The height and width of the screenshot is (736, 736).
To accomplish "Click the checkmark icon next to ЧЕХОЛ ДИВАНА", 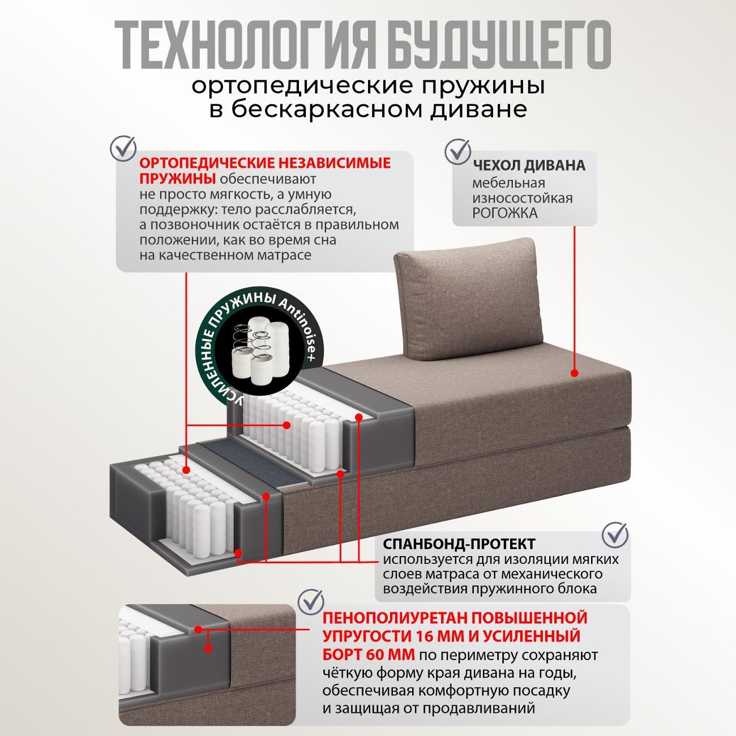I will point(457,150).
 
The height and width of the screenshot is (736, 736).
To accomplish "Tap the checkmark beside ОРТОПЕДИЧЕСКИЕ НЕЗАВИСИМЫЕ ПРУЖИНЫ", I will point(122,147).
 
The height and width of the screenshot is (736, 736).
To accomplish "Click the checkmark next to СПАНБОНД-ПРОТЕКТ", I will point(614,534).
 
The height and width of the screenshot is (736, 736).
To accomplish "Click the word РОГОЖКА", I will point(506,213).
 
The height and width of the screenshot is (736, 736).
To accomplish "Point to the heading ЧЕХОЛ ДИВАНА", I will point(529,166).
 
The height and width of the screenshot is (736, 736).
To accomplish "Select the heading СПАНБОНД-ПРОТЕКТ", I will point(459,544).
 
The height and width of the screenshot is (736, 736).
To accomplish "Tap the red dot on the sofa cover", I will point(574,373).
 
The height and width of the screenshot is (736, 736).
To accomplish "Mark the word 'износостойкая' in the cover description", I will point(523,199).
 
